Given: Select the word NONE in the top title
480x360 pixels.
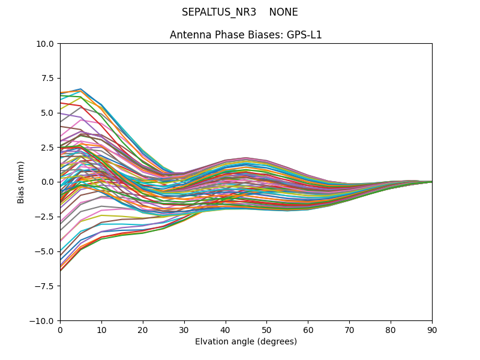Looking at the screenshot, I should coord(283,12).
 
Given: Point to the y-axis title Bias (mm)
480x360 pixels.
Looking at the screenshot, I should coord(21,182).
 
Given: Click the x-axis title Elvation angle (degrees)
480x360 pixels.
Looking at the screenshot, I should coord(246,342).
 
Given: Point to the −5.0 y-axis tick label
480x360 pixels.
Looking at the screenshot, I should coord(45,251).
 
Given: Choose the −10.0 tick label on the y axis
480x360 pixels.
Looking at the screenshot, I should coord(43,320).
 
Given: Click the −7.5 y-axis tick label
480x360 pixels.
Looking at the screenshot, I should coord(45,286).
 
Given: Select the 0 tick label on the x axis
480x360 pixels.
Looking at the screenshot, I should coord(60,329).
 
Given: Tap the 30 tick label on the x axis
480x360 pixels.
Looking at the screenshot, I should coord(184,329).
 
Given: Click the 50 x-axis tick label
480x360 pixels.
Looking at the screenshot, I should coord(266,329).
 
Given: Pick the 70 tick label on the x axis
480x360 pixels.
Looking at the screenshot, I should coord(349,329).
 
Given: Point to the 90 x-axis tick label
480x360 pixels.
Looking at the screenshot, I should coord(432,329).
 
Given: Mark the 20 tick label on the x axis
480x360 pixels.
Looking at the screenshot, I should coord(143,329).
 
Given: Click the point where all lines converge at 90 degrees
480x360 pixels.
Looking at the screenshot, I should coord(431,182).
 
